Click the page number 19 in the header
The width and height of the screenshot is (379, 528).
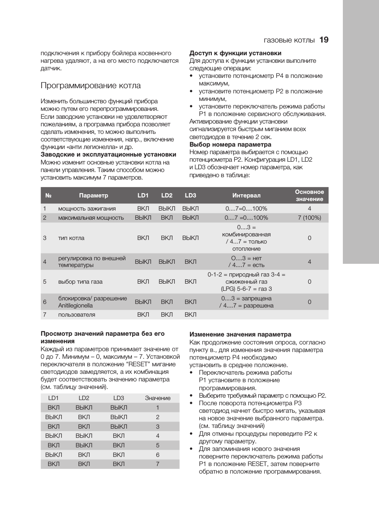click(324, 40)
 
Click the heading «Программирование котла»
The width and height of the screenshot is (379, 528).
click(91, 86)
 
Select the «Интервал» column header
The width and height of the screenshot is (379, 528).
click(246, 195)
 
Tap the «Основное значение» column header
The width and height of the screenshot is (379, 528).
click(309, 195)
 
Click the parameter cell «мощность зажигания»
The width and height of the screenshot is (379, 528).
click(87, 209)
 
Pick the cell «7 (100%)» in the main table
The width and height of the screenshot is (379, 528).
click(309, 218)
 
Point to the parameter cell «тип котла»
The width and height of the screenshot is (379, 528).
click(72, 238)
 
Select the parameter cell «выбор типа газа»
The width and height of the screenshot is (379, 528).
click(80, 282)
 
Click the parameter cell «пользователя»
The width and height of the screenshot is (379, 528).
click(77, 315)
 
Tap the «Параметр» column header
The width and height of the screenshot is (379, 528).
click(93, 195)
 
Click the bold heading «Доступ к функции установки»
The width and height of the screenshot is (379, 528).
click(235, 53)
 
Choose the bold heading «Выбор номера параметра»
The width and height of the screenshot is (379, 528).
click(230, 145)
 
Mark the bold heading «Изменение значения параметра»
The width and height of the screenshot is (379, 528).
click(240, 335)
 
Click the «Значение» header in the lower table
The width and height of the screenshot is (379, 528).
click(158, 398)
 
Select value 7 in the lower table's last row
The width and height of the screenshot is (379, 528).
click(158, 464)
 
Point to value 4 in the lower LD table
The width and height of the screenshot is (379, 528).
click(158, 436)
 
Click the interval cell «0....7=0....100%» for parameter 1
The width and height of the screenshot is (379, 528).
click(246, 209)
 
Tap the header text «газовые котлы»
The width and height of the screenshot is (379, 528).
click(289, 40)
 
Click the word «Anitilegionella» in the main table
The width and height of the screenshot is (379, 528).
click(75, 306)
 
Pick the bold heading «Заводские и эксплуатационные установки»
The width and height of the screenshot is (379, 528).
click(108, 155)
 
